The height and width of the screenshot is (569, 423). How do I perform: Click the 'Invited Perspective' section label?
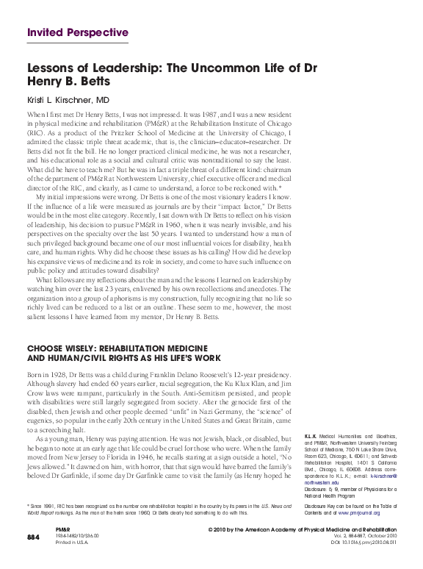[x=77, y=32]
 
